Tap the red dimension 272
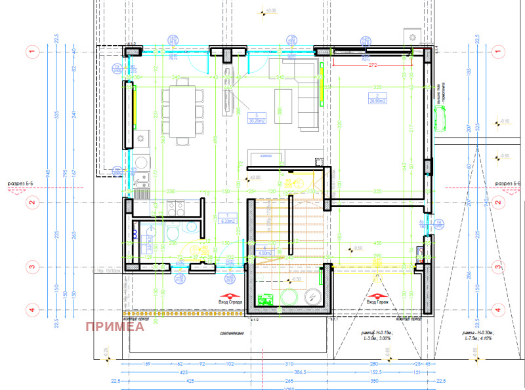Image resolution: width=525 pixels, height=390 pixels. [x=372, y=66]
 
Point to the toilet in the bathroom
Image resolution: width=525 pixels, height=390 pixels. [x=171, y=234]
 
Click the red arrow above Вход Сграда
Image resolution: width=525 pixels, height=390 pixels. [x=230, y=295]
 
